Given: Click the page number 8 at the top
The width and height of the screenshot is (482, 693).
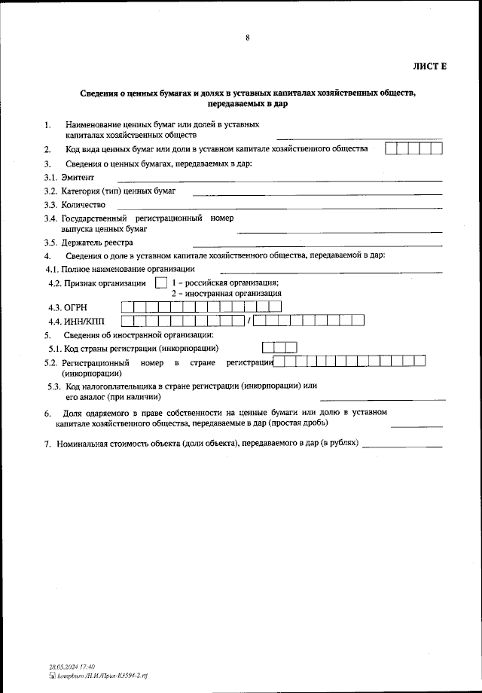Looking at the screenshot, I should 247,38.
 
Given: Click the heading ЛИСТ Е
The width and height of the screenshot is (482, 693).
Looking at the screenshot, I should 429,67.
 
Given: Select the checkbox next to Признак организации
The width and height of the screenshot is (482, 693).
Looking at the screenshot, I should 160,283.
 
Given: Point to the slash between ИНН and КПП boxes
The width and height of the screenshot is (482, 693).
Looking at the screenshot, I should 248,321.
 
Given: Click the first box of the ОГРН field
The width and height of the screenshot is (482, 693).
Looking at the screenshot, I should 127,307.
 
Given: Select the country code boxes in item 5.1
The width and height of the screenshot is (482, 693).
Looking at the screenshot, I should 279,347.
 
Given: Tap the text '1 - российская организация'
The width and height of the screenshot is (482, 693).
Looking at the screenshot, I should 226,282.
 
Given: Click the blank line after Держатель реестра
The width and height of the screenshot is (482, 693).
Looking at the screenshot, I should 317,245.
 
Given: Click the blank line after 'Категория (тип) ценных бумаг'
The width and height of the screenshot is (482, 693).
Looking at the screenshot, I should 317,194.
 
